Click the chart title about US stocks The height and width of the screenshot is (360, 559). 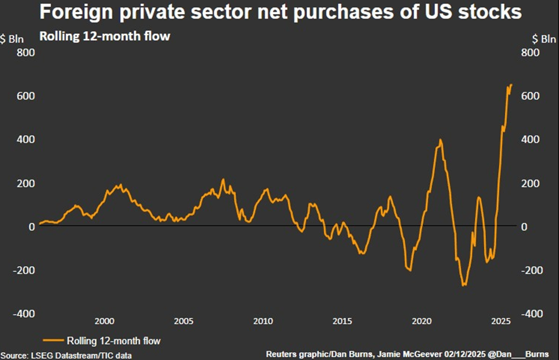click(280, 11)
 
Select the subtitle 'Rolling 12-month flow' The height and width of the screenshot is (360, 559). click(104, 36)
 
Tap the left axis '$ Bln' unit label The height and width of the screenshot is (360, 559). click(12, 39)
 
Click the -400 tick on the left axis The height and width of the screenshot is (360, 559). click(24, 314)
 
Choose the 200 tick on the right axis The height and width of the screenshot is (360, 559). click(530, 184)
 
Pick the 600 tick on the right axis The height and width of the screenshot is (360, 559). click(530, 96)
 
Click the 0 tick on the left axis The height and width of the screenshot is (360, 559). click(32, 227)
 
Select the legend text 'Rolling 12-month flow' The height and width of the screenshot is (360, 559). click(114, 341)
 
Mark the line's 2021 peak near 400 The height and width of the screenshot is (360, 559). click(440, 140)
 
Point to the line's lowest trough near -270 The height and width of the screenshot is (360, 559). click(463, 286)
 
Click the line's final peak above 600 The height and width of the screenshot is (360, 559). click(511, 85)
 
